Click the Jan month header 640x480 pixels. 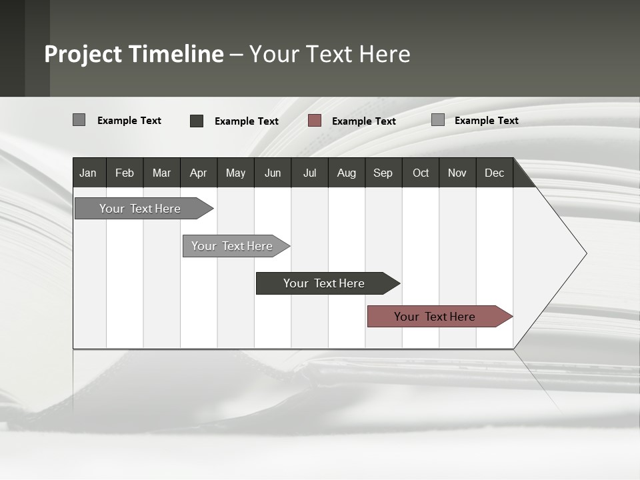(89, 173)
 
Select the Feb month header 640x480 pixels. (125, 173)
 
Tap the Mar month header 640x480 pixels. (161, 173)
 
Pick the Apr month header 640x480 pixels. (199, 173)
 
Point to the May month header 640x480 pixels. (235, 173)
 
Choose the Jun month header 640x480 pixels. (273, 173)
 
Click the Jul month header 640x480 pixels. (309, 173)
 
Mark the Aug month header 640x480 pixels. (347, 173)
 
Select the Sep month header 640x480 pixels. (383, 173)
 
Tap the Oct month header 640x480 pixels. (421, 173)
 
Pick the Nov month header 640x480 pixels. (457, 173)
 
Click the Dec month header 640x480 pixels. (495, 173)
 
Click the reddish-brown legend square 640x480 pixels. (315, 121)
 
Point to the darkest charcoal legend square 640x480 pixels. (197, 121)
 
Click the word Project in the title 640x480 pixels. (83, 54)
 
